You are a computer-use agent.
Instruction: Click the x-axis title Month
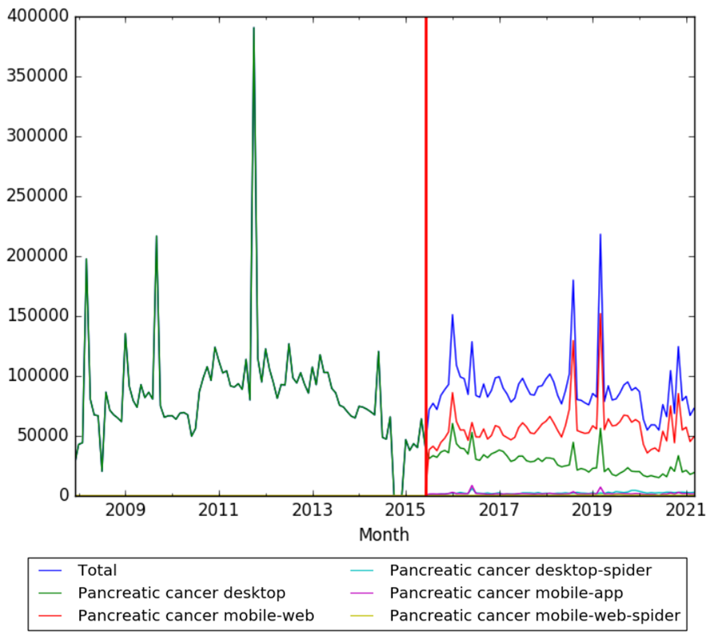[x=384, y=534]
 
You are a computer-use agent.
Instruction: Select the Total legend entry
[x=97, y=570]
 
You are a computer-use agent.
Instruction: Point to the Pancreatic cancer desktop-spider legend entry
[x=521, y=570]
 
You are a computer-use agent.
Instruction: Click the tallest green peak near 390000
[x=254, y=28]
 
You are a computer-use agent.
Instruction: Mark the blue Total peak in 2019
[x=600, y=235]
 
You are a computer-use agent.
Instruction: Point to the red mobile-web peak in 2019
[x=600, y=314]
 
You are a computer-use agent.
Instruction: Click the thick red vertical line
[x=426, y=240]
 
